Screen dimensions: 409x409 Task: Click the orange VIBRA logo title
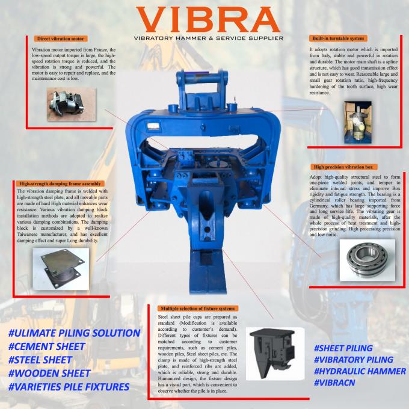click(x=208, y=19)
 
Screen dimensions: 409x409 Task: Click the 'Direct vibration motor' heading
click(x=61, y=38)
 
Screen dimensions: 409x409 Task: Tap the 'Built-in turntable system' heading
click(x=338, y=38)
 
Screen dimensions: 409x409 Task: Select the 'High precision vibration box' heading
click(x=343, y=167)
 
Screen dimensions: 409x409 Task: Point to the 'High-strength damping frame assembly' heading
click(x=60, y=183)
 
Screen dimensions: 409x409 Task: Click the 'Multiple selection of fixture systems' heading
click(x=198, y=309)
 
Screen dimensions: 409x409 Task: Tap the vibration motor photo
click(x=71, y=104)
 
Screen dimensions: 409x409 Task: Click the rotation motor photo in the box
click(x=358, y=123)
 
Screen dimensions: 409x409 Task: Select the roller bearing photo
click(x=367, y=260)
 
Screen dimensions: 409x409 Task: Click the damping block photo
click(x=61, y=269)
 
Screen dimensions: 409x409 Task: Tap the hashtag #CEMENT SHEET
click(x=47, y=346)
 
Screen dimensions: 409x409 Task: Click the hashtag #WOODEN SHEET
click(x=49, y=374)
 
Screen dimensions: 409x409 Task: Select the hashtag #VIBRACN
click(x=334, y=383)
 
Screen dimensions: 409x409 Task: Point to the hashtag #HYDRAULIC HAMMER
click(x=360, y=371)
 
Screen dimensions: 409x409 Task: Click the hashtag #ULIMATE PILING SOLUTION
click(x=75, y=333)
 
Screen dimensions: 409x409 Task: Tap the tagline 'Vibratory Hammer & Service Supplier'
click(x=209, y=38)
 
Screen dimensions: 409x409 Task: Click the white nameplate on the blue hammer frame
click(x=153, y=126)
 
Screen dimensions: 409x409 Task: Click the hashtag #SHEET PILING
click(x=343, y=348)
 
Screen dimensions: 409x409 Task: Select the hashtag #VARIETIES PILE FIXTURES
click(x=69, y=387)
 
